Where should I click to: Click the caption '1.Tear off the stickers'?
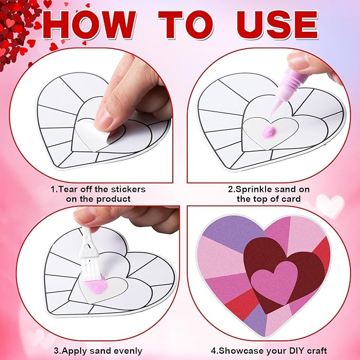click(x=98, y=189)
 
